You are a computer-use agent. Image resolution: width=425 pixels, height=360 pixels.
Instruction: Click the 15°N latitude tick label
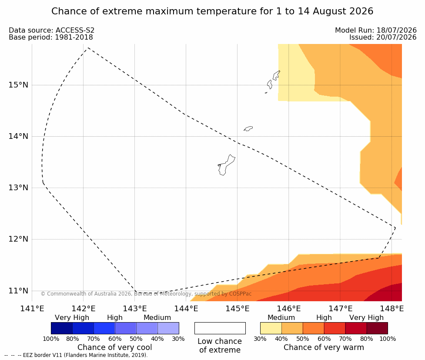(18, 85)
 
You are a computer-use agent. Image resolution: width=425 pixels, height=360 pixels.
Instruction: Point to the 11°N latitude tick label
(18, 291)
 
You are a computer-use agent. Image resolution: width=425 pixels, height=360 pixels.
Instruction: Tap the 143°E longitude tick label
(135, 309)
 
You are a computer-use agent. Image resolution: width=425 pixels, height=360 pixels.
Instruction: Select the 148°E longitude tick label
(392, 309)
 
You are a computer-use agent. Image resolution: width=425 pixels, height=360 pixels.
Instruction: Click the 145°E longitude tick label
(238, 309)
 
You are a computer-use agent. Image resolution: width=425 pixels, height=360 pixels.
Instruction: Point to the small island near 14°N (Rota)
(248, 128)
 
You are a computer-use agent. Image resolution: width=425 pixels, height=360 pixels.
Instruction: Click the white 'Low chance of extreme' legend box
(220, 328)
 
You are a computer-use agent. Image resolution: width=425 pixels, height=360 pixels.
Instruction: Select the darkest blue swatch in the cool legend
(62, 328)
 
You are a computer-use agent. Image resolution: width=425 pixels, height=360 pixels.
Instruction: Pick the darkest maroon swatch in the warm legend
(377, 328)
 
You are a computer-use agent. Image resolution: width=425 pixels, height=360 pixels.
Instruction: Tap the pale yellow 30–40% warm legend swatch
(271, 328)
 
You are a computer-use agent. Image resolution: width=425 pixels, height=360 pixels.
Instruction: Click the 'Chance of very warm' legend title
(324, 347)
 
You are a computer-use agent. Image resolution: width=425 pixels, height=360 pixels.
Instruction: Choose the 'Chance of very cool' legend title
(115, 347)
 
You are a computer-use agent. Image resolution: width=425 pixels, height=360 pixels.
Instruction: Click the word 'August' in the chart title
(330, 11)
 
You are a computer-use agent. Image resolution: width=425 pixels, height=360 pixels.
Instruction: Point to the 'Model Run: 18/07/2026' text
(376, 30)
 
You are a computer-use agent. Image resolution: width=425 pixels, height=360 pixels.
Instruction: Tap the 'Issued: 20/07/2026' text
(383, 37)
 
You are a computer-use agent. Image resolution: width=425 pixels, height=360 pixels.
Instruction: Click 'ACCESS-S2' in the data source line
(75, 30)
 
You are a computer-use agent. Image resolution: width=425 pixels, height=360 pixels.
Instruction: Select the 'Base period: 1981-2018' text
(51, 37)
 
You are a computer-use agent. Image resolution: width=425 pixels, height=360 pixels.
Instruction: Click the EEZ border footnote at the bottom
(76, 355)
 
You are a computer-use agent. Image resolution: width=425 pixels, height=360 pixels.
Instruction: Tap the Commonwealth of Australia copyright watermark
(146, 294)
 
